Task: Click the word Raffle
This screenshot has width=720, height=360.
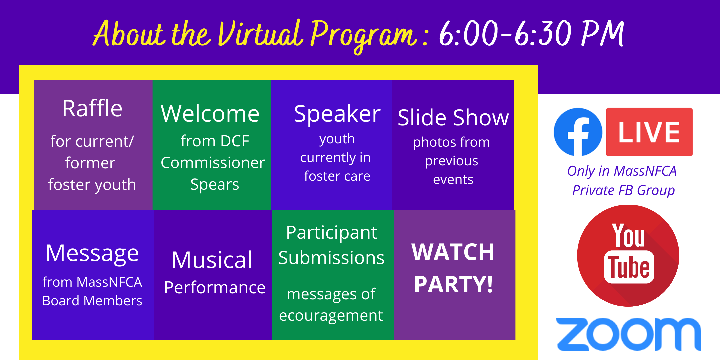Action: coord(92,108)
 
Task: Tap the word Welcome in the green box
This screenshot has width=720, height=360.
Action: coord(210,114)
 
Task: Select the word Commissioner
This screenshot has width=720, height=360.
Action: coord(213,163)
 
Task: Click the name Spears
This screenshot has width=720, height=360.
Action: coord(215,185)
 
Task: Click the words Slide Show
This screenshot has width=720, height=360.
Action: coord(453,117)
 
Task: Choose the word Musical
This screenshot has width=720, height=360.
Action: coord(212,260)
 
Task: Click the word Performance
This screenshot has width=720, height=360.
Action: coord(215,287)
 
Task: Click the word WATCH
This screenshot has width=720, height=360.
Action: coord(453,252)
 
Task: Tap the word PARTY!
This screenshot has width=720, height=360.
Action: coord(453,284)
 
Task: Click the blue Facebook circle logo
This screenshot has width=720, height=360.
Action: coord(578,132)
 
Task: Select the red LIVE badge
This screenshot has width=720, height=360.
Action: coord(649,132)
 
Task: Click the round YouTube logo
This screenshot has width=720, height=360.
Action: coord(628,256)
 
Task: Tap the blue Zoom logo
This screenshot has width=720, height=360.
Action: coord(628,334)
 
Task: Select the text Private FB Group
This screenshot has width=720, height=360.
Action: coord(623,190)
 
